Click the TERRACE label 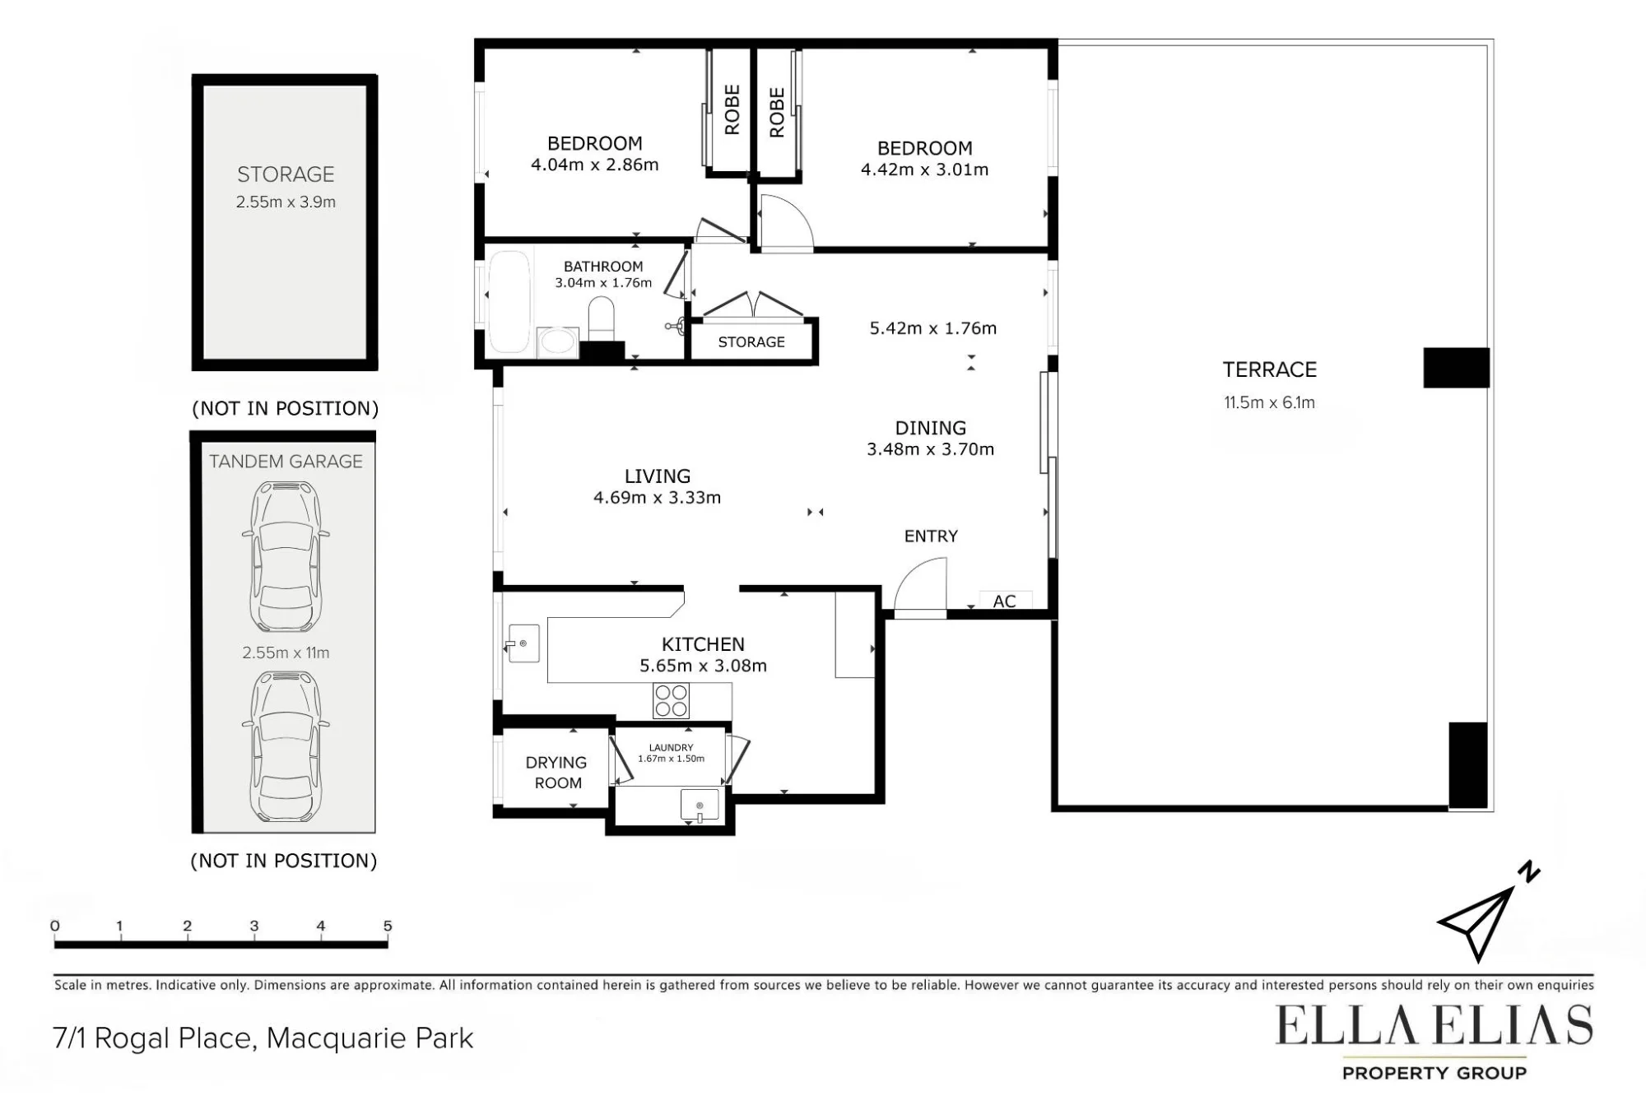(x=1269, y=369)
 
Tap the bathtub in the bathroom (x=509, y=302)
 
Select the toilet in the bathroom (x=601, y=318)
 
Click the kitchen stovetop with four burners (x=671, y=700)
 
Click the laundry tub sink (x=700, y=806)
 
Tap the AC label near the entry (x=1004, y=601)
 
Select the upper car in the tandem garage (x=285, y=556)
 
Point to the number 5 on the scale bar (x=388, y=926)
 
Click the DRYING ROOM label (x=557, y=773)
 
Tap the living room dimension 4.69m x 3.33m (x=657, y=497)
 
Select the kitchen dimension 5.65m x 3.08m (x=703, y=666)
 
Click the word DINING (x=930, y=428)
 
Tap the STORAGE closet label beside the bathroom (x=751, y=341)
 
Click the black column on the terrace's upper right (x=1456, y=368)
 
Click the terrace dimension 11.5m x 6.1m (x=1269, y=402)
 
